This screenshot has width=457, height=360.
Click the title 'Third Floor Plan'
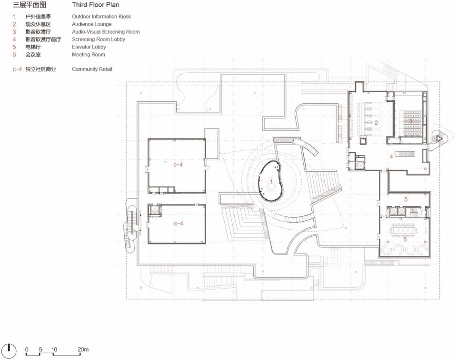click(96, 5)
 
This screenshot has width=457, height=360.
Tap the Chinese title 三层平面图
click(29, 5)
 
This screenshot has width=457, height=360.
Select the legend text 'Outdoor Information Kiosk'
click(101, 17)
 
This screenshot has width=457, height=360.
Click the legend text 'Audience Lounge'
click(91, 24)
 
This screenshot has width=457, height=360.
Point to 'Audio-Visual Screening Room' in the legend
click(106, 32)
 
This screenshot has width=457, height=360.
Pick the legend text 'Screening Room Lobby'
click(99, 39)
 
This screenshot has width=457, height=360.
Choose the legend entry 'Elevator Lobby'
click(89, 47)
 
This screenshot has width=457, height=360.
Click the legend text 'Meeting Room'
click(89, 55)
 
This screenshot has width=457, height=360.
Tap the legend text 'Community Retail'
click(92, 69)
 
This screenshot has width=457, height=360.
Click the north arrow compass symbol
click(9, 350)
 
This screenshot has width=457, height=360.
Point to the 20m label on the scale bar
click(83, 349)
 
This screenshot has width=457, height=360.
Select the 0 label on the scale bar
click(27, 349)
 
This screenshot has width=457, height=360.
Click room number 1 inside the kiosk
click(271, 182)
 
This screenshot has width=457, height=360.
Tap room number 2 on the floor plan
click(376, 123)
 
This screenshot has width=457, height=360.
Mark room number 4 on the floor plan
click(391, 156)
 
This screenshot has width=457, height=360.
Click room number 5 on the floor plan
click(406, 200)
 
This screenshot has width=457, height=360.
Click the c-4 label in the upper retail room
click(178, 165)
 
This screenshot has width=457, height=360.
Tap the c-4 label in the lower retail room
click(179, 224)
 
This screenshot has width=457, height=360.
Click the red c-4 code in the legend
click(17, 69)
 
